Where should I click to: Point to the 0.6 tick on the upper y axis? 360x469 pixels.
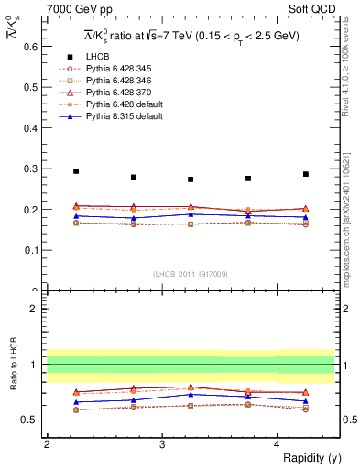pyautogui.click(x=34, y=47)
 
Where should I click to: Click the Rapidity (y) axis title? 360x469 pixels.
pyautogui.click(x=306, y=458)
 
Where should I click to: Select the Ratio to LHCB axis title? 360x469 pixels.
pyautogui.click(x=12, y=365)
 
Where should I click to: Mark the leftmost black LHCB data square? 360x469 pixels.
pyautogui.click(x=76, y=171)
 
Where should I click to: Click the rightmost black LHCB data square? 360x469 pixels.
pyautogui.click(x=306, y=174)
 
